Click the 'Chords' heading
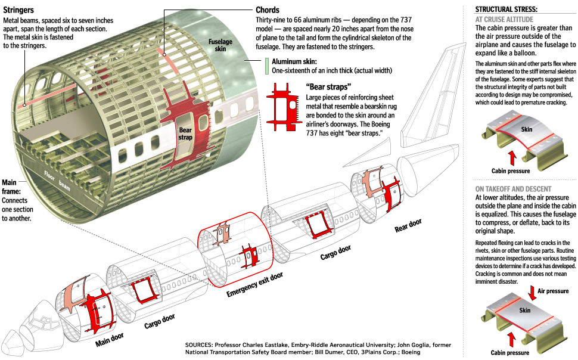pyautogui.click(x=267, y=10)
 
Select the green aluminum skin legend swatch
pyautogui.click(x=267, y=66)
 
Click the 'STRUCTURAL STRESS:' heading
pyautogui.click(x=506, y=9)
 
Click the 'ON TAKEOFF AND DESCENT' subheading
pyautogui.click(x=513, y=188)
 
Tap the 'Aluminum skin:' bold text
pyautogui.click(x=294, y=61)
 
